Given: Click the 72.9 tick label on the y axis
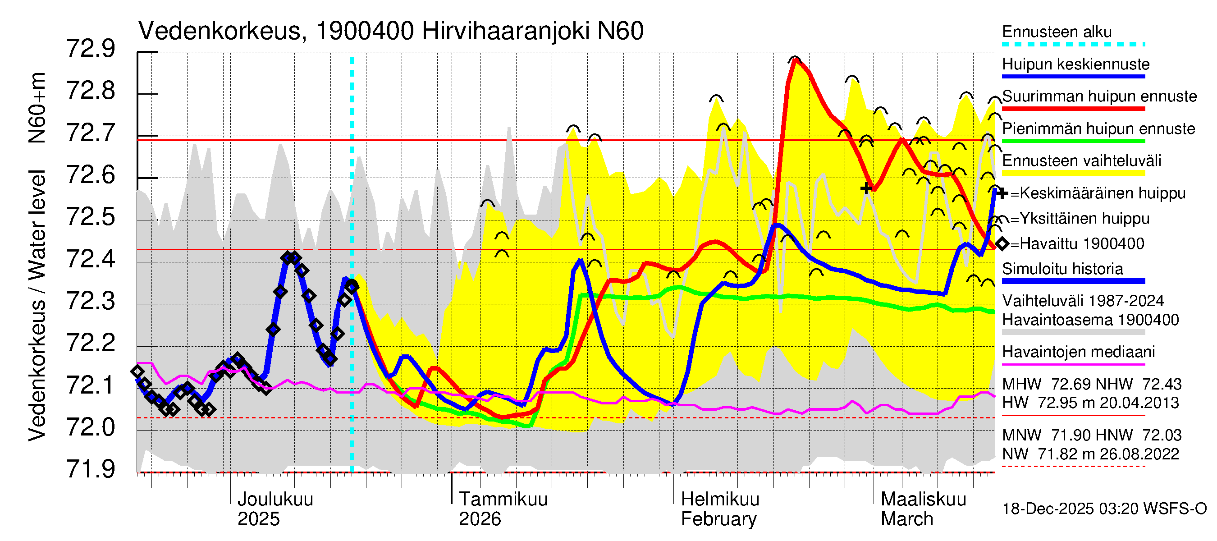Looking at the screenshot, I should (x=90, y=49).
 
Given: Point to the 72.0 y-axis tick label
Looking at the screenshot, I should (x=90, y=427).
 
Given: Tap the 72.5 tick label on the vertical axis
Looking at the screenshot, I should (x=90, y=217).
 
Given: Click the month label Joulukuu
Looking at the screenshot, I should (x=275, y=499).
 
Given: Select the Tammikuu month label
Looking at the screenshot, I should (x=503, y=499).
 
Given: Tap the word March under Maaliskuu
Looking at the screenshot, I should (x=906, y=519).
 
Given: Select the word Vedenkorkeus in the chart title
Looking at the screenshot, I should (x=220, y=31).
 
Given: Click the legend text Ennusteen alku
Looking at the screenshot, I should (x=1057, y=32).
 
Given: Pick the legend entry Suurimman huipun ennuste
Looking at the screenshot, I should (x=1099, y=96).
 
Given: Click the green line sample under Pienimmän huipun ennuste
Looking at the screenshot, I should (x=1073, y=141).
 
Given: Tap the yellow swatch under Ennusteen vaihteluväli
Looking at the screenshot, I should (x=1073, y=174).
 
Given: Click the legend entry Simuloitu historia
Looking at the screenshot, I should (x=1062, y=269).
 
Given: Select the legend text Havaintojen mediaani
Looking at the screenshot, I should (x=1079, y=352).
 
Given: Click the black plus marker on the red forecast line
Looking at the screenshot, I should (x=865, y=188).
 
